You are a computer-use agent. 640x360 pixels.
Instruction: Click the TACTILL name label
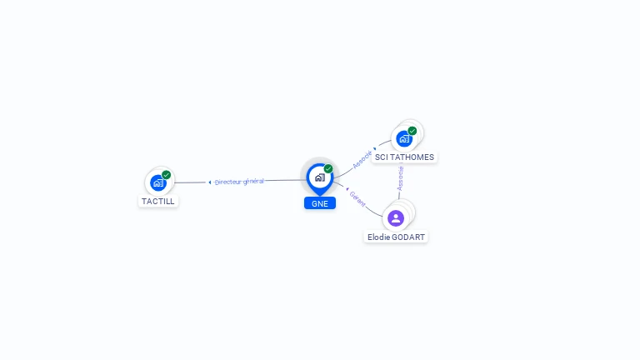(x=158, y=201)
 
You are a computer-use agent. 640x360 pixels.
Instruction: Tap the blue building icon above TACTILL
(x=158, y=182)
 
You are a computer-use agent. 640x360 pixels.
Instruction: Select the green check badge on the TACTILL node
(x=167, y=175)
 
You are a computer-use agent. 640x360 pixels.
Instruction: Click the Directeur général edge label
(x=239, y=182)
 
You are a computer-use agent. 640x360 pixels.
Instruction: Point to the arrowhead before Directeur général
(x=210, y=182)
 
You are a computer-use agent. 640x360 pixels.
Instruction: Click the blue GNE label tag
(x=320, y=203)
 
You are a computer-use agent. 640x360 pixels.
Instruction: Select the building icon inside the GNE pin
(x=319, y=177)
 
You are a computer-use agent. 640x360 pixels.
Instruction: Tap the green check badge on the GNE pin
(x=328, y=169)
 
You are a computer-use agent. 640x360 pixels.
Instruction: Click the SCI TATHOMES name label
(x=404, y=157)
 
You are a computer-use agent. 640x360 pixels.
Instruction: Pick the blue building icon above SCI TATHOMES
(x=404, y=138)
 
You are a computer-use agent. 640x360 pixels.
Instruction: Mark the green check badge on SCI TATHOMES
(x=412, y=131)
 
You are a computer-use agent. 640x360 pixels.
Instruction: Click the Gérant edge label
(x=357, y=198)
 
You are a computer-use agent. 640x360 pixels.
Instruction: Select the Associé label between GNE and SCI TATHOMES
(x=362, y=159)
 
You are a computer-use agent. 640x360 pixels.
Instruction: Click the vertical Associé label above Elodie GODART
(x=400, y=177)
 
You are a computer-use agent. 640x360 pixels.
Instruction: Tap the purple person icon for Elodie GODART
(x=396, y=218)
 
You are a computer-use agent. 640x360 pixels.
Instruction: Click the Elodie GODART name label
(x=397, y=237)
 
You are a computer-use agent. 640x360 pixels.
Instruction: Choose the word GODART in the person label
(x=408, y=237)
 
